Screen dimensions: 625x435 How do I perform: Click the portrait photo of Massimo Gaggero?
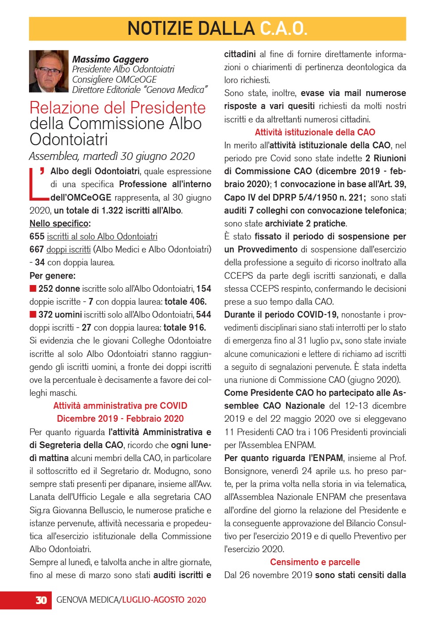(49, 71)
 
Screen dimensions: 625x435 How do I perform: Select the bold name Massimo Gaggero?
(110, 59)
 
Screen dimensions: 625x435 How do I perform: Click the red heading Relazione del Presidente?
(117, 108)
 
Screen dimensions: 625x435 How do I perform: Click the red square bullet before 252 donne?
(33, 289)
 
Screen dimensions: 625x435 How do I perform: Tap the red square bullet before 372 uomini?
(33, 315)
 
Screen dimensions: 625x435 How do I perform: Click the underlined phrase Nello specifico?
(59, 223)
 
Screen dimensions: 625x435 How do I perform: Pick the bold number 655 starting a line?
(37, 236)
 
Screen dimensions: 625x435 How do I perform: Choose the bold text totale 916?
(185, 327)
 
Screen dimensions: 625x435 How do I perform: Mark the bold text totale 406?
(186, 302)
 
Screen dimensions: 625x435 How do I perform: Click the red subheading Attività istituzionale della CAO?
(315, 132)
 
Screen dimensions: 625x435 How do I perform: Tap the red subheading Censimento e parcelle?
(315, 562)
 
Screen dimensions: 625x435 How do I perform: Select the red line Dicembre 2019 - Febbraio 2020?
(120, 419)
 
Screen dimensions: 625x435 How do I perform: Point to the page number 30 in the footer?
(41, 600)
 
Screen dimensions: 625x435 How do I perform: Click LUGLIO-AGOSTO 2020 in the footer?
(164, 600)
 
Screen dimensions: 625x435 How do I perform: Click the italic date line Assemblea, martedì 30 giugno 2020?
(112, 156)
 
